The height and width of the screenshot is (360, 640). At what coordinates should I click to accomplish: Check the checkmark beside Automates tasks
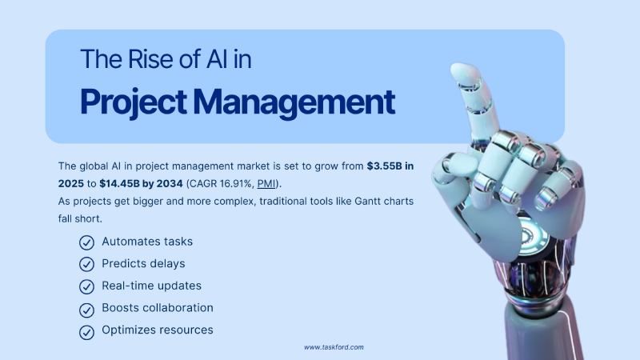tap(86, 242)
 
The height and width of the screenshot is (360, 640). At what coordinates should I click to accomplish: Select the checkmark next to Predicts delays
tap(86, 264)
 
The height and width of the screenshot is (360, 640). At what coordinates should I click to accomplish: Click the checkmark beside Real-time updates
tap(86, 286)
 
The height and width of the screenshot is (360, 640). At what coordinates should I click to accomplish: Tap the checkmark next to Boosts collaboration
tap(86, 308)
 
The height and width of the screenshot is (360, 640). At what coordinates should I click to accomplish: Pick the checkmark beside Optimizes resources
tap(86, 330)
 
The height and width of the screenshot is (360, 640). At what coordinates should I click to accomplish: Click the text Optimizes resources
tap(157, 330)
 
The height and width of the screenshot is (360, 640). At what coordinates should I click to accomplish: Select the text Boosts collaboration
tap(157, 307)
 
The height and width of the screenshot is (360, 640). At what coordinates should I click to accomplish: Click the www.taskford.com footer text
tap(334, 348)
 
